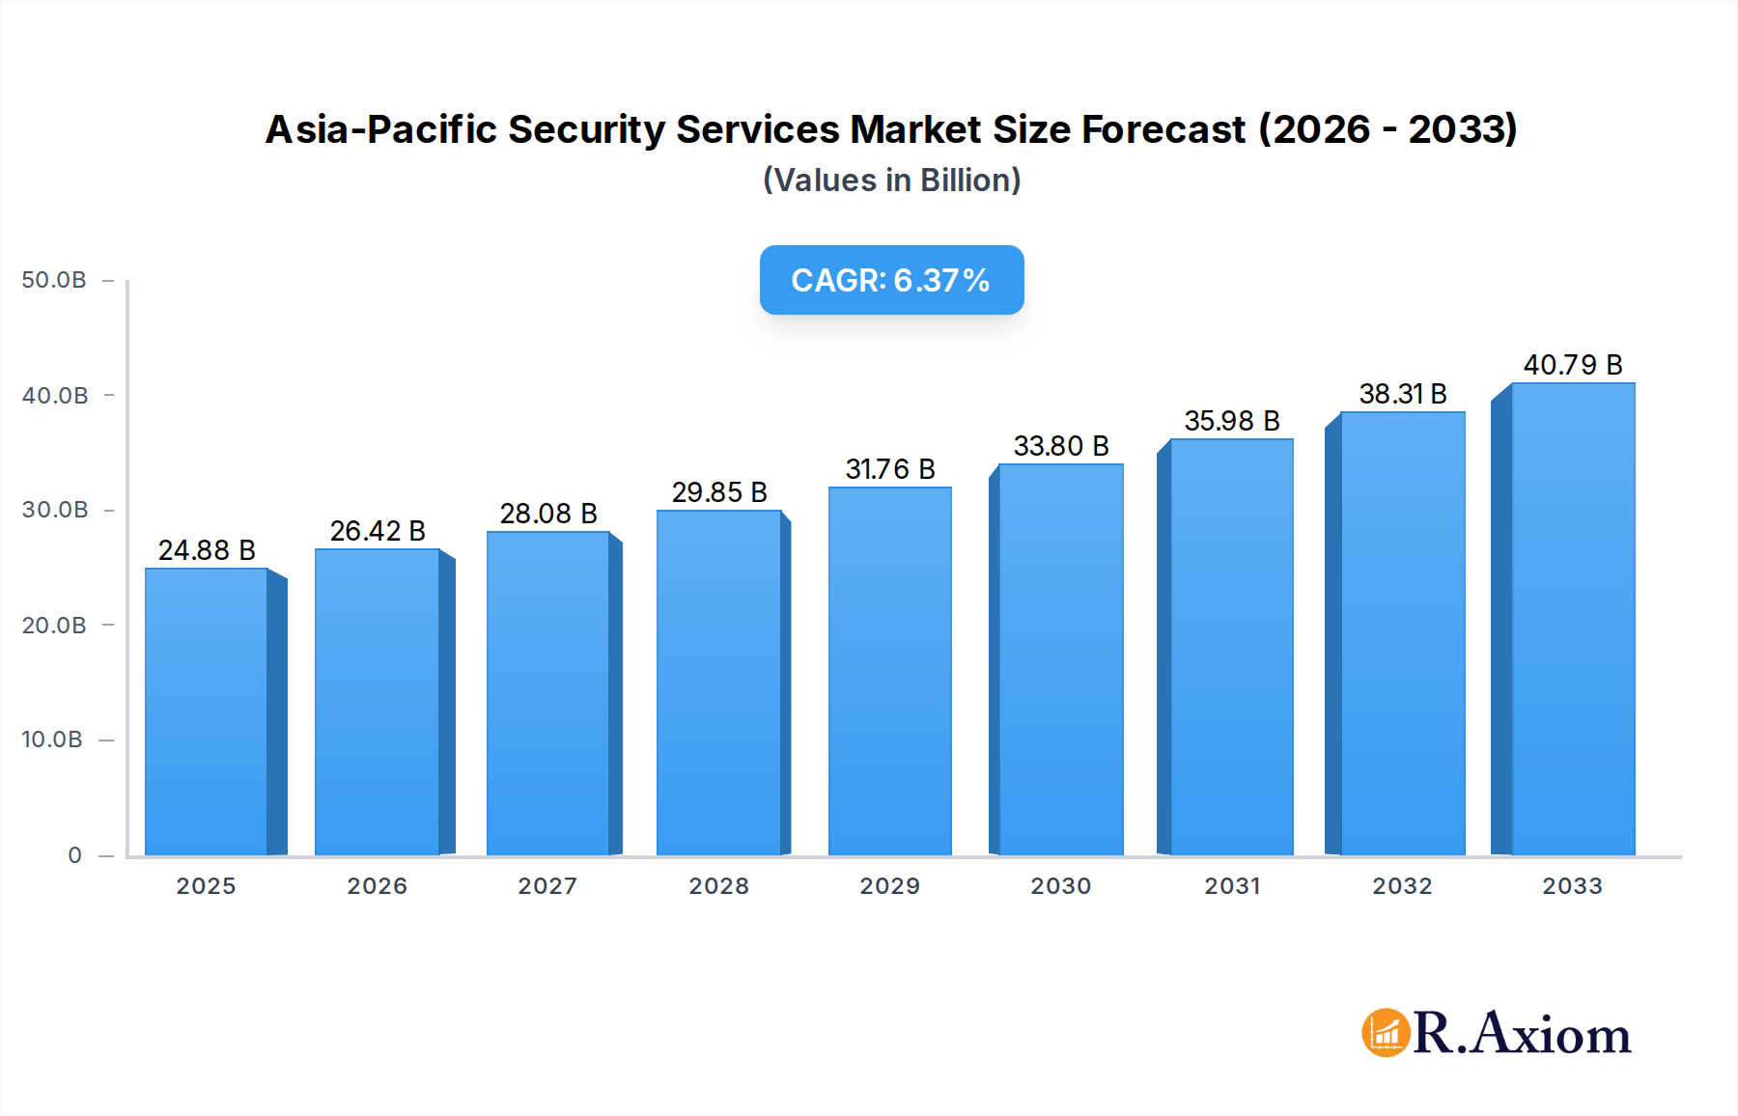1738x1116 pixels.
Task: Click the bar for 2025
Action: (207, 711)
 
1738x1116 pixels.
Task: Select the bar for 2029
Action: (889, 671)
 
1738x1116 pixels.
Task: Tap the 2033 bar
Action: (1572, 619)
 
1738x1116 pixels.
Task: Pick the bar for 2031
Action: (1231, 647)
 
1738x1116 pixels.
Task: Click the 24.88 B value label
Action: (207, 550)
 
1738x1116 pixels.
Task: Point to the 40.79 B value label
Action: (1572, 365)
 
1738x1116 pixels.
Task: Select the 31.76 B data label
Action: (889, 469)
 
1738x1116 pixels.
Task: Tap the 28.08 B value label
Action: (547, 514)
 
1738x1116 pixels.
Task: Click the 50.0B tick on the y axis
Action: (54, 280)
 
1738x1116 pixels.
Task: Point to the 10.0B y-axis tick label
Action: (52, 739)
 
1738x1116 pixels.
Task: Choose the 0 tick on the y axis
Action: (74, 855)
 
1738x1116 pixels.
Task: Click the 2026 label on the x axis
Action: (377, 886)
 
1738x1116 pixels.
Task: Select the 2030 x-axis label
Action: (1060, 886)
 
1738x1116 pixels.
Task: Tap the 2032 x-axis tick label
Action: (1402, 886)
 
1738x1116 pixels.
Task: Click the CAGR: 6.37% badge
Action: (891, 280)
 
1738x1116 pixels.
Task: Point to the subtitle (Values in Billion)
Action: (891, 181)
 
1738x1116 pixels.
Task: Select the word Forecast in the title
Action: (1163, 129)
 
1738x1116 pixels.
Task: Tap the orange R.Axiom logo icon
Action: (1386, 1033)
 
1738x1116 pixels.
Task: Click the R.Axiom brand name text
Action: (1522, 1033)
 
